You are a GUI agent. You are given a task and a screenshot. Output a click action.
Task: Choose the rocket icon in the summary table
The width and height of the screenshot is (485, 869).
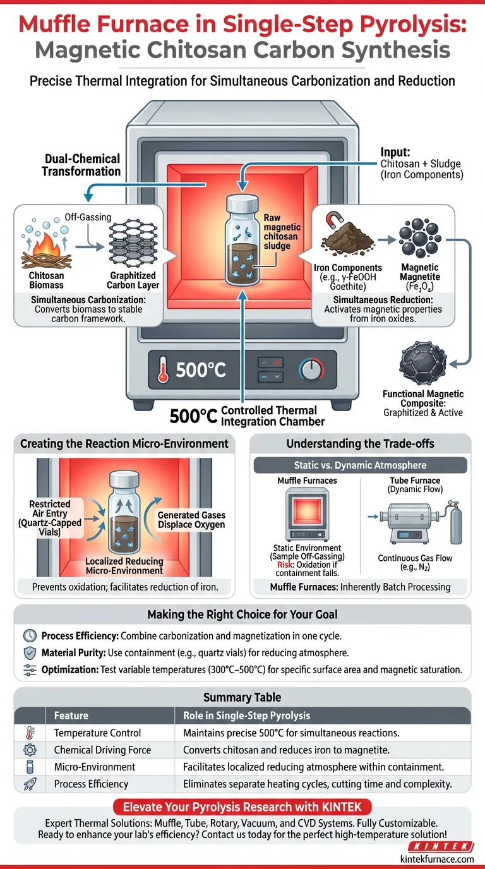click(30, 784)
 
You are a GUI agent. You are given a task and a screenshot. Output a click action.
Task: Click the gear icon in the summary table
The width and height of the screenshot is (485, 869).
click(30, 750)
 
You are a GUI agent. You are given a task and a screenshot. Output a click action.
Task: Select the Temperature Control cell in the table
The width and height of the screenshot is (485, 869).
click(97, 733)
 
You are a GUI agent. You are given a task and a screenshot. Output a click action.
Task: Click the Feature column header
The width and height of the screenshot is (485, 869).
click(71, 716)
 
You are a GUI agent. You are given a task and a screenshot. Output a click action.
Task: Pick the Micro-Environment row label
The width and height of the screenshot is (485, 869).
click(95, 767)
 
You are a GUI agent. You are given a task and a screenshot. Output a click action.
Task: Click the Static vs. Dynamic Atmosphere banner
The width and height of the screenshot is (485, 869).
click(360, 465)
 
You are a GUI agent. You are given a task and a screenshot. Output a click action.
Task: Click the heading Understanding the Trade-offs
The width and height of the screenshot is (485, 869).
click(360, 443)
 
